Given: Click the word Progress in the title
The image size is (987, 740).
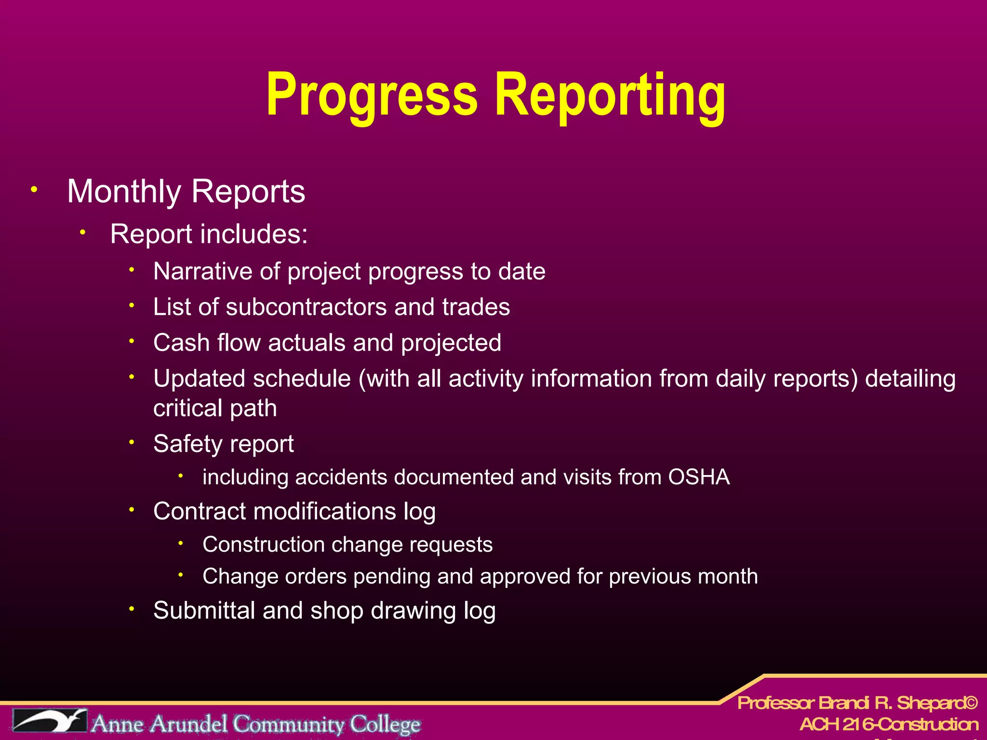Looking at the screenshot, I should [x=372, y=95].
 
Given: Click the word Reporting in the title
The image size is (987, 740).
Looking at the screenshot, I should [x=610, y=95].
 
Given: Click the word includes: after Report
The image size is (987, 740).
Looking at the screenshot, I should [x=254, y=234].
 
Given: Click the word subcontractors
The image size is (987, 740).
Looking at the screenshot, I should [x=306, y=307].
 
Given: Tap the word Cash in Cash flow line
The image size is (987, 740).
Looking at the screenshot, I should [x=181, y=343].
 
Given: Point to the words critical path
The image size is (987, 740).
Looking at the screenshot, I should [x=215, y=409].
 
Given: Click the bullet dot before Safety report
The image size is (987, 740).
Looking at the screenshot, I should [x=131, y=442].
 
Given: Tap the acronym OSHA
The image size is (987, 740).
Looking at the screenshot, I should [x=699, y=477].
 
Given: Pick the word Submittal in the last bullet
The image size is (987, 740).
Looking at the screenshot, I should [x=204, y=611].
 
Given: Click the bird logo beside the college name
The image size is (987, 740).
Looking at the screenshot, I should [x=50, y=721].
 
